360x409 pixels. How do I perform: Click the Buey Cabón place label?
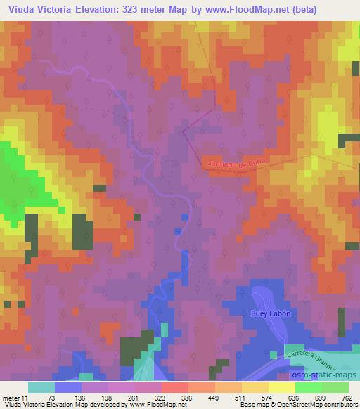click(271, 313)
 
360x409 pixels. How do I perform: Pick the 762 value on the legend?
click(347, 397)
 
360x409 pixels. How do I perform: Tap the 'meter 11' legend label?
click(15, 397)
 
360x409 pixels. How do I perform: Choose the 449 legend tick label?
click(213, 397)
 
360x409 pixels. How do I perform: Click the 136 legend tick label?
click(81, 397)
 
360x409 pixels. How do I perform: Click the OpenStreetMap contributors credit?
click(320, 405)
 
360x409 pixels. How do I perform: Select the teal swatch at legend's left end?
click(41, 387)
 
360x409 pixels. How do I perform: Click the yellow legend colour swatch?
click(280, 387)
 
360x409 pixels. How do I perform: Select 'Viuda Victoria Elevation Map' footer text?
click(49, 405)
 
